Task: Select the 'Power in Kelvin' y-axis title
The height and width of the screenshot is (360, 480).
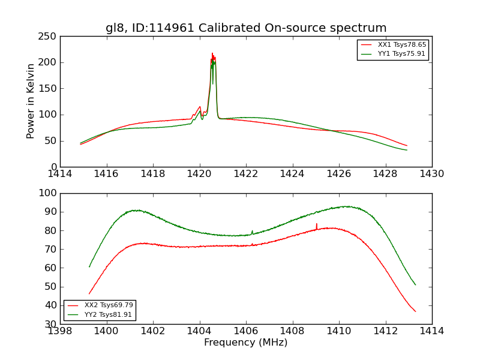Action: click(x=31, y=101)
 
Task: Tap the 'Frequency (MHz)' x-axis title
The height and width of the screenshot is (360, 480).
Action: click(x=246, y=343)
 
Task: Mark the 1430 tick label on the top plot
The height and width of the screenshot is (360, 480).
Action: click(x=431, y=174)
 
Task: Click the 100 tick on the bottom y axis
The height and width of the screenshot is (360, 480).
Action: click(x=49, y=193)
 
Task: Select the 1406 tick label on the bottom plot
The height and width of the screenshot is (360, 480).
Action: click(x=246, y=331)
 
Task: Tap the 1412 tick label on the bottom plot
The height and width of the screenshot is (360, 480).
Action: click(x=385, y=331)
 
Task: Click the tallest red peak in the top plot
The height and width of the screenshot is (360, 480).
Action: click(x=212, y=53)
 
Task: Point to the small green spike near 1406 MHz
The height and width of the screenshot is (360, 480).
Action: click(x=252, y=231)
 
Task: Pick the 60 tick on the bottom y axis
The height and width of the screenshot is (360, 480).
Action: click(x=51, y=268)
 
